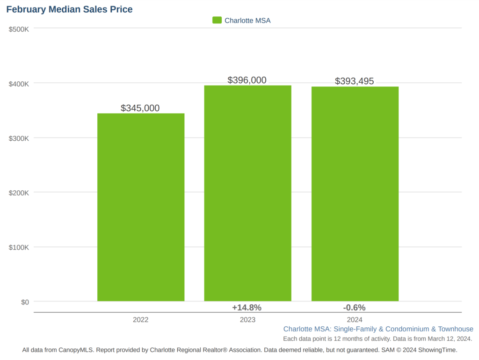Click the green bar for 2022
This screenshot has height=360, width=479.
coord(141,207)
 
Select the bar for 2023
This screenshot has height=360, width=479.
coord(247,193)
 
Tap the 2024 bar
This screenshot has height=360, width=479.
coord(355,194)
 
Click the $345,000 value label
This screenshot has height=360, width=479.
coord(140,108)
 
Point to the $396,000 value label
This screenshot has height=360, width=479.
coord(247,80)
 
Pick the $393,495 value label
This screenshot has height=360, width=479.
coord(355,81)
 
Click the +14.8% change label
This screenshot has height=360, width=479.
coord(247,308)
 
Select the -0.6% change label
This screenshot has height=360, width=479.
coord(354,308)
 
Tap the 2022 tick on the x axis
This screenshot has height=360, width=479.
coord(140,320)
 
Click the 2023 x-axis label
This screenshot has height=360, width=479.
coord(247,320)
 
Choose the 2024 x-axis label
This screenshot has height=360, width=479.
coord(355,320)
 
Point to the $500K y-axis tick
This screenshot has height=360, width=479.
coord(19,29)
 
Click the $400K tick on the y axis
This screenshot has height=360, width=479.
coord(19,84)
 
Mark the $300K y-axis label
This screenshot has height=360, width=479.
coord(19,138)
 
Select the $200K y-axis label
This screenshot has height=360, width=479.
coord(19,193)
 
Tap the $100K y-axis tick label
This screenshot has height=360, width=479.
coord(19,247)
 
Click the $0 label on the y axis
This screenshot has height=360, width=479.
coord(24,302)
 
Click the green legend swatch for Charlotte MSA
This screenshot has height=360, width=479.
coord(217,20)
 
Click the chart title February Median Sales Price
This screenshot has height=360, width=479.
coord(69,9)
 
